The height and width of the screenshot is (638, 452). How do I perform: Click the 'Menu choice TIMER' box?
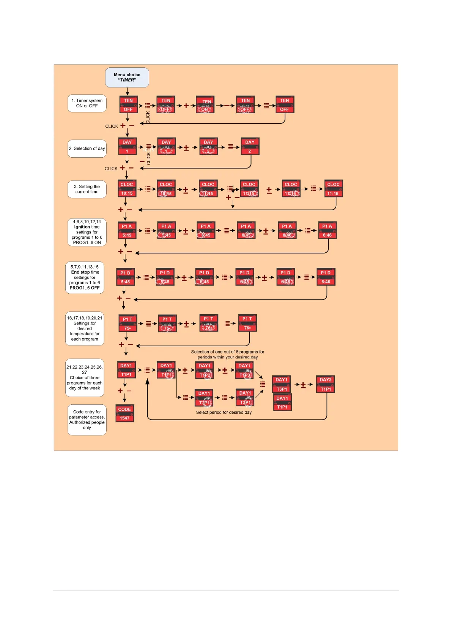click(127, 77)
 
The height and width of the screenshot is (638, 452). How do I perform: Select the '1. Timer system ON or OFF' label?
click(87, 103)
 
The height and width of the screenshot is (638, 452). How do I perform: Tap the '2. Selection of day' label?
click(87, 149)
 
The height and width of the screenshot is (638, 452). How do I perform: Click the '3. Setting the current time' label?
click(87, 189)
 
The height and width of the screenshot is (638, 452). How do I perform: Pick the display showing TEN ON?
click(205, 105)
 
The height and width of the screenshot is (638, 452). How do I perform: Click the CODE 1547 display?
click(124, 413)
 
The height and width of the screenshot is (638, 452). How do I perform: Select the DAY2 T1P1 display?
click(326, 384)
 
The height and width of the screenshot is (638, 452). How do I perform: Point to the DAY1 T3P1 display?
click(282, 384)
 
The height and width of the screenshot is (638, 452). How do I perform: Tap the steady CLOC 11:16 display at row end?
click(333, 189)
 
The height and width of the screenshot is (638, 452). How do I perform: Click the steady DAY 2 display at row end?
click(250, 147)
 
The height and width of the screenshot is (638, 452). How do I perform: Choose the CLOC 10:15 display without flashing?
click(127, 189)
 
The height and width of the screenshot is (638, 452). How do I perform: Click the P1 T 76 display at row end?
click(247, 323)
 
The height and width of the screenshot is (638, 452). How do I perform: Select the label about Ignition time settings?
click(87, 232)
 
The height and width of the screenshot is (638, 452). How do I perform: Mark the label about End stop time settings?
click(85, 277)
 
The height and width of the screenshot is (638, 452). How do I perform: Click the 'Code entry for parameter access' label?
click(87, 420)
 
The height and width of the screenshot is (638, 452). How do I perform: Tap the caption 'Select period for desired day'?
click(224, 413)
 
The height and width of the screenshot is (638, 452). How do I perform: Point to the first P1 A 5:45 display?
click(127, 231)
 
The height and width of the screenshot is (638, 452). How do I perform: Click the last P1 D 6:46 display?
click(326, 277)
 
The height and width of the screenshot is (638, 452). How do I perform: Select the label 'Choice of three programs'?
click(85, 378)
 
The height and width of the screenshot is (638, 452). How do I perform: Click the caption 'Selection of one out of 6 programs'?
click(228, 355)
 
